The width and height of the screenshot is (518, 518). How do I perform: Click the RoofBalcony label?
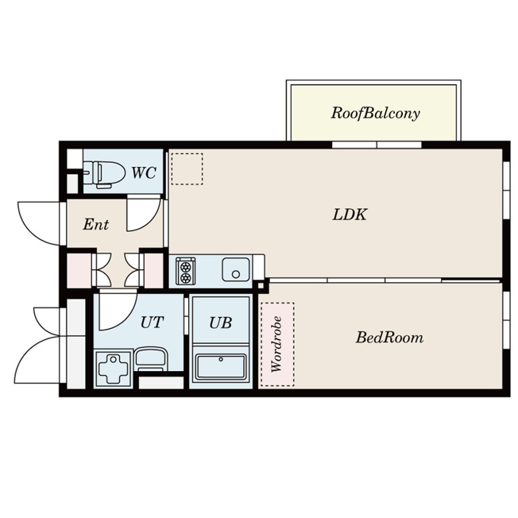pyautogui.click(x=375, y=114)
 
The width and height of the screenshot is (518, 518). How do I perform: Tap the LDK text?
pyautogui.click(x=350, y=215)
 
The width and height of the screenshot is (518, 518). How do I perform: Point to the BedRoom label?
pyautogui.click(x=389, y=338)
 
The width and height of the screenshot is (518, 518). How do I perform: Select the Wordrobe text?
pyautogui.click(x=276, y=344)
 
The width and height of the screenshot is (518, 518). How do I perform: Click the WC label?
pyautogui.click(x=144, y=172)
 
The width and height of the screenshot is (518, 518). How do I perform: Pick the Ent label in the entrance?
pyautogui.click(x=95, y=225)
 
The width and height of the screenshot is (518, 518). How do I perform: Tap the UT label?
pyautogui.click(x=152, y=323)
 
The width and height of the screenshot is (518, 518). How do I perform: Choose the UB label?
pyautogui.click(x=220, y=323)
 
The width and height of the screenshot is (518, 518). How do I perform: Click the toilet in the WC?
pyautogui.click(x=104, y=174)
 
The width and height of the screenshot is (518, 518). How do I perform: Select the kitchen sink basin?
pyautogui.click(x=235, y=269)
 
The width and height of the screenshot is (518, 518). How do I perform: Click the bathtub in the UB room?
pyautogui.click(x=221, y=367)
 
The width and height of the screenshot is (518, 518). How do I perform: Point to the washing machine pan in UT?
pyautogui.click(x=114, y=369)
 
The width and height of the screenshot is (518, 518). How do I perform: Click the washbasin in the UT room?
pyautogui.click(x=151, y=359)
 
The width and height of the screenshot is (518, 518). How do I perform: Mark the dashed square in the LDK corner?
pyautogui.click(x=187, y=168)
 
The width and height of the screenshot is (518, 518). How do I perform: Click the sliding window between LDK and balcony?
pyautogui.click(x=377, y=145)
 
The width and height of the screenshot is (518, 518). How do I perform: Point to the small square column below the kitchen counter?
pyautogui.click(x=261, y=286)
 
